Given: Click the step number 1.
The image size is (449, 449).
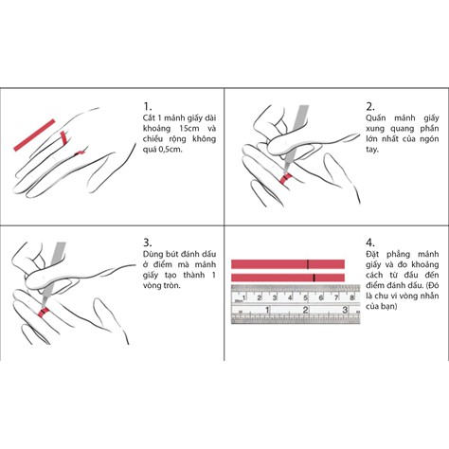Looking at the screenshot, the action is [x=147, y=106].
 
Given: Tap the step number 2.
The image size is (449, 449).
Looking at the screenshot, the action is [x=370, y=106].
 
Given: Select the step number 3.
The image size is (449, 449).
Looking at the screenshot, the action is [x=147, y=242].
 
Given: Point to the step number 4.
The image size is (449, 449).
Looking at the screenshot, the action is [x=370, y=242].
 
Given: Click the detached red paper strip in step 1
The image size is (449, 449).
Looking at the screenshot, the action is [x=34, y=135].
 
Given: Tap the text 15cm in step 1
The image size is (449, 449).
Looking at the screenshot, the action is [x=189, y=129].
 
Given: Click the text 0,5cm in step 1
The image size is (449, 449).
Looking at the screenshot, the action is [x=171, y=150].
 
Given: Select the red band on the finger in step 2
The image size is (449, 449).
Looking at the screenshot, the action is [x=285, y=178].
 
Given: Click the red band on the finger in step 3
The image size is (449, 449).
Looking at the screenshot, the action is [x=43, y=312].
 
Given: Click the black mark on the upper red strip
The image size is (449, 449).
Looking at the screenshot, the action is [x=308, y=264].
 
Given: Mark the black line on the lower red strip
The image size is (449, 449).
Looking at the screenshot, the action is [x=314, y=278].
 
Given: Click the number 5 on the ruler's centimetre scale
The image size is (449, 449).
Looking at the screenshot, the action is [x=305, y=297].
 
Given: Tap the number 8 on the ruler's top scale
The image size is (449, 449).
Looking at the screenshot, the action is [x=351, y=297].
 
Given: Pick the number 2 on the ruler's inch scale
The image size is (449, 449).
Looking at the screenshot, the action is [x=305, y=310].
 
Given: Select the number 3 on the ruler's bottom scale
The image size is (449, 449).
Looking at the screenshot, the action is [x=345, y=310].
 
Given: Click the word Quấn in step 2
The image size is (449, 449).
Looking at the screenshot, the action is [x=376, y=118].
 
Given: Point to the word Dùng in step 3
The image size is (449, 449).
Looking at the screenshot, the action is [x=153, y=254].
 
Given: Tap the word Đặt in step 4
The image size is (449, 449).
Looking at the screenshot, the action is [x=372, y=254].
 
